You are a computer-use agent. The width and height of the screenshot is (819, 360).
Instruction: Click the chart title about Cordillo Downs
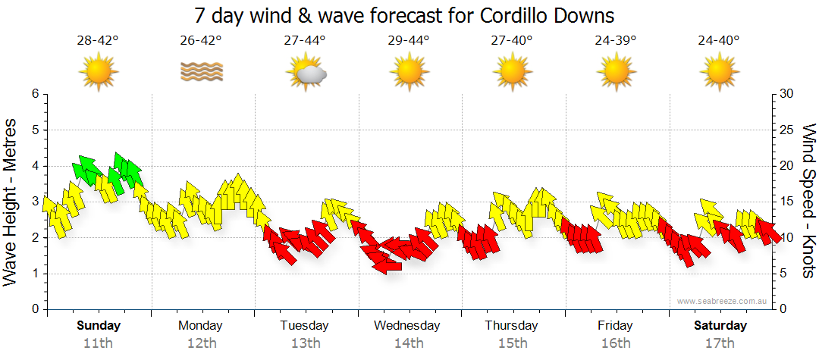tap(403, 14)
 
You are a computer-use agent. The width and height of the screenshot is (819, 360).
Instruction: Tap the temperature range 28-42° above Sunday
tap(98, 41)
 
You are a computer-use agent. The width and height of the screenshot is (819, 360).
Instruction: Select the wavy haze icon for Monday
tap(202, 71)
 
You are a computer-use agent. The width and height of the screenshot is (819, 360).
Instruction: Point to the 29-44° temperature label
tap(408, 41)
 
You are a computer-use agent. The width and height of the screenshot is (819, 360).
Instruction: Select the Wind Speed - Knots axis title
tap(808, 201)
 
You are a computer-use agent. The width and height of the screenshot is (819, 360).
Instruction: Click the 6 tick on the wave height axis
tap(34, 94)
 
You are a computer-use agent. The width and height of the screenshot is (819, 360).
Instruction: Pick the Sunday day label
tap(99, 326)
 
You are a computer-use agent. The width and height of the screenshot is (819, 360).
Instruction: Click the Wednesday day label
tap(407, 326)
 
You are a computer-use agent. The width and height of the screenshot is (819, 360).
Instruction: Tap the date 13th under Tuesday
tap(305, 343)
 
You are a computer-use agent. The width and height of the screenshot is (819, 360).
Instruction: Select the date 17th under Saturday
tap(720, 343)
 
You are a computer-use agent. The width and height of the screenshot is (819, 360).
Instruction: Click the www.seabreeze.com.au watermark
tap(723, 301)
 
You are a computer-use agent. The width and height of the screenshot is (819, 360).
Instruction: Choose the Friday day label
tap(615, 326)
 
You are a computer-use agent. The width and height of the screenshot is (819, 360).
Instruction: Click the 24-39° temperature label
tap(615, 41)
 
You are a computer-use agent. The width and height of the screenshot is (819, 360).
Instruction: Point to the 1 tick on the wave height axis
tap(34, 274)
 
